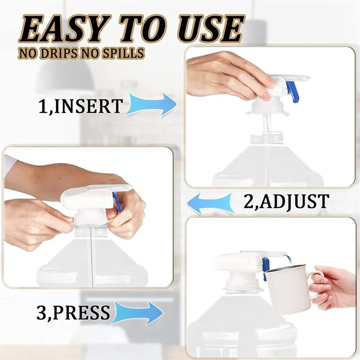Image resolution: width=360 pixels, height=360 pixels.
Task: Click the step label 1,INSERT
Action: click(x=80, y=107)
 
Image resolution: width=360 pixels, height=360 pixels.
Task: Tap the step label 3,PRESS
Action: click(x=73, y=313)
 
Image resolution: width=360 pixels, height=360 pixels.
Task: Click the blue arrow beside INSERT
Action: click(x=151, y=105)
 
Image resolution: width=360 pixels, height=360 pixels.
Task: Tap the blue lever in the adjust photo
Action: click(x=117, y=202)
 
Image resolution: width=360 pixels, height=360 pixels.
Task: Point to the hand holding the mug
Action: click(x=333, y=286)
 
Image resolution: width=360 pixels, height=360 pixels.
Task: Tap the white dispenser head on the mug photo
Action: click(x=236, y=263)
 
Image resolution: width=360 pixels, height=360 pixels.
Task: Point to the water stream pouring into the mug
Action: click(x=287, y=260)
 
